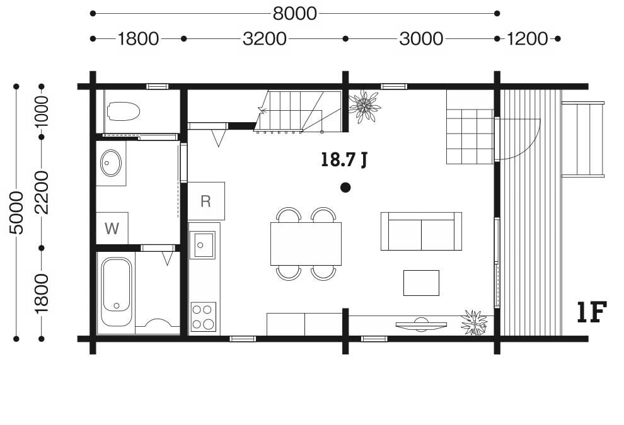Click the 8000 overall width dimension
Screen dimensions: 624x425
pyautogui.click(x=294, y=13)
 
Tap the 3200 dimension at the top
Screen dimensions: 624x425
pyautogui.click(x=265, y=39)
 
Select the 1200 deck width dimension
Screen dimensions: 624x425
pyautogui.click(x=527, y=39)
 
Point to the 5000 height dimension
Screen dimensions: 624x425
pyautogui.click(x=17, y=213)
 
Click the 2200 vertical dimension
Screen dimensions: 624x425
pyautogui.click(x=42, y=193)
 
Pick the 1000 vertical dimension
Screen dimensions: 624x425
pyautogui.click(x=42, y=111)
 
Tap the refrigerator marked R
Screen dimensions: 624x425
pyautogui.click(x=205, y=201)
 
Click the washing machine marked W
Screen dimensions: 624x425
pyautogui.click(x=112, y=228)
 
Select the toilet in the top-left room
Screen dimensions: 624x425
pyautogui.click(x=124, y=111)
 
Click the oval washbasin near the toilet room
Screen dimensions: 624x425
pyautogui.click(x=111, y=163)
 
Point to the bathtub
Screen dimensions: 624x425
pyautogui.click(x=116, y=292)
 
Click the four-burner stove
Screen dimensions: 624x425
pyautogui.click(x=204, y=317)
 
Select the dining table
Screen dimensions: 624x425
pyautogui.click(x=306, y=244)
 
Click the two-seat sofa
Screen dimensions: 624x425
pyautogui.click(x=421, y=231)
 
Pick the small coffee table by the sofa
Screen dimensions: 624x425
pyautogui.click(x=421, y=283)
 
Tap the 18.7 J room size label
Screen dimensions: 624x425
pyautogui.click(x=344, y=160)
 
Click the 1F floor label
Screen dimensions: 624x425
pyautogui.click(x=592, y=312)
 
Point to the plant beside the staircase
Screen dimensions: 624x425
pyautogui.click(x=364, y=106)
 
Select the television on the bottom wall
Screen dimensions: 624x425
pyautogui.click(x=421, y=325)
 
